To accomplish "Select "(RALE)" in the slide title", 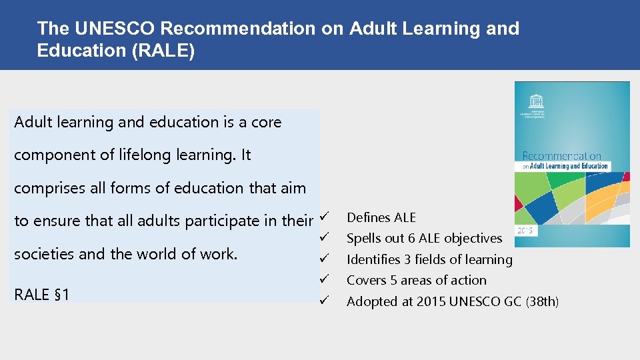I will pyautogui.click(x=163, y=51).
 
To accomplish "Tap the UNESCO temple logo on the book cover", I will pyautogui.click(x=535, y=101).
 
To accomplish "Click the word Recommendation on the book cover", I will pyautogui.click(x=561, y=156).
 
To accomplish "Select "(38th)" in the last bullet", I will pyautogui.click(x=542, y=301).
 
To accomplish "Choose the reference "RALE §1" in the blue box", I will pyautogui.click(x=41, y=293).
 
